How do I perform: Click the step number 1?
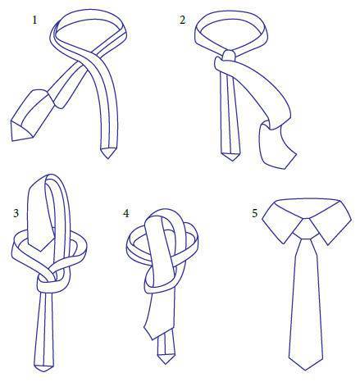tap(34, 20)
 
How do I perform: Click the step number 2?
tap(182, 20)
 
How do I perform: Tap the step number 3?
tap(16, 213)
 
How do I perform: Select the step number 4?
tap(126, 213)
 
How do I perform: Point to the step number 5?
tap(255, 213)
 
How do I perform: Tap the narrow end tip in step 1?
tap(108, 158)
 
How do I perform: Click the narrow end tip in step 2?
tap(232, 161)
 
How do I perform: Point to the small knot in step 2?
tap(229, 56)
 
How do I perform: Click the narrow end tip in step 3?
tap(43, 371)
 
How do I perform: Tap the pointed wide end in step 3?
tap(41, 252)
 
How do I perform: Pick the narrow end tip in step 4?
tap(166, 364)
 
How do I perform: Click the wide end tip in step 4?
tap(153, 339)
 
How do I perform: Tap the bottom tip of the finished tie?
tap(305, 370)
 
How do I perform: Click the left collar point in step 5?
tap(285, 243)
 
